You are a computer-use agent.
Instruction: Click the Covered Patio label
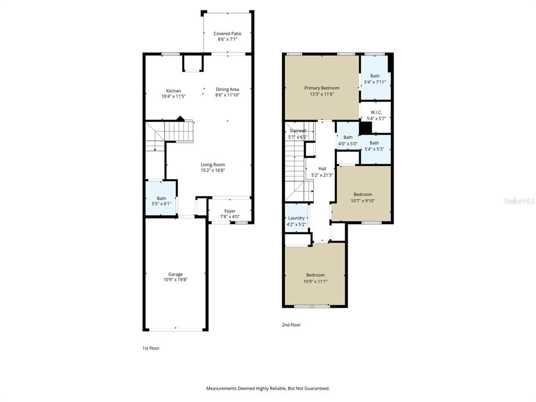pyautogui.click(x=227, y=33)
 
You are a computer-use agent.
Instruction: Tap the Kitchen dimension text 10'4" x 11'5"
pyautogui.click(x=173, y=96)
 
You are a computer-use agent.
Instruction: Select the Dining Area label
pyautogui.click(x=227, y=89)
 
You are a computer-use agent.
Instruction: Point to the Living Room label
pyautogui.click(x=213, y=164)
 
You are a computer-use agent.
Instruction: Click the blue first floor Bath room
pyautogui.click(x=161, y=198)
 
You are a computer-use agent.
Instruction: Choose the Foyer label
pyautogui.click(x=229, y=211)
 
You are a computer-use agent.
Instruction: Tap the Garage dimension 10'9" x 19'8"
pyautogui.click(x=175, y=280)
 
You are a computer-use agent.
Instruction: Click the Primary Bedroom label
pyautogui.click(x=322, y=88)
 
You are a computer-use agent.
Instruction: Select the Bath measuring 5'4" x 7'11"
pyautogui.click(x=375, y=79)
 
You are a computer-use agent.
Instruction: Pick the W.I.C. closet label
pyautogui.click(x=376, y=112)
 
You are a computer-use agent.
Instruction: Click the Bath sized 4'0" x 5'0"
pyautogui.click(x=348, y=140)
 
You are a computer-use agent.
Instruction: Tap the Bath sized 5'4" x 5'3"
pyautogui.click(x=374, y=146)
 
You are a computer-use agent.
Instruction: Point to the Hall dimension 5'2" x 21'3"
pyautogui.click(x=322, y=175)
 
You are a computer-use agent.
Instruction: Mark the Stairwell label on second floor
pyautogui.click(x=298, y=130)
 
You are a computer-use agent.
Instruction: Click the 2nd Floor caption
pyautogui.click(x=291, y=325)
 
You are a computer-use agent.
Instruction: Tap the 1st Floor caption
pyautogui.click(x=151, y=348)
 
